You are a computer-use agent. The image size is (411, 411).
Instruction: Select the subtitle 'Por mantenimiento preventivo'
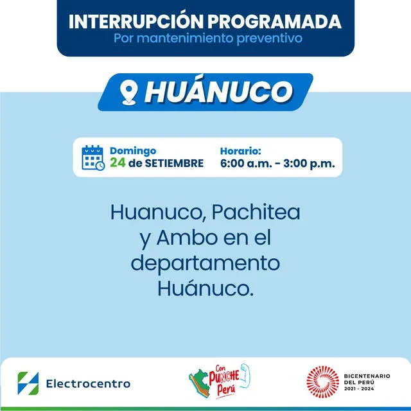205,39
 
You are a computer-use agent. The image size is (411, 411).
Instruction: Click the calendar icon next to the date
93,157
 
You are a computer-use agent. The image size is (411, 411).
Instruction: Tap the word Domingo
133,151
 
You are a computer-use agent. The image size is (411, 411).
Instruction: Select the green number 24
117,163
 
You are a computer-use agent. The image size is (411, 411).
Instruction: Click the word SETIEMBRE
173,163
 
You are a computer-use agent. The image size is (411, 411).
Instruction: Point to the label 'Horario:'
241,151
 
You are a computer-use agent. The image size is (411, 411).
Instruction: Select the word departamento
205,263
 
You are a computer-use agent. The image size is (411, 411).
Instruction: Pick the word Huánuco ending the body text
205,288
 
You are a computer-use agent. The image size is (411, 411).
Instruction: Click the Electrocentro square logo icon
28,383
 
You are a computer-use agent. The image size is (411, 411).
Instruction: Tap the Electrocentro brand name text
88,384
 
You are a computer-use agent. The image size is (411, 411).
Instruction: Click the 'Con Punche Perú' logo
219,383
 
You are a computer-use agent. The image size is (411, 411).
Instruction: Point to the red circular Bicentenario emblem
322,383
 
